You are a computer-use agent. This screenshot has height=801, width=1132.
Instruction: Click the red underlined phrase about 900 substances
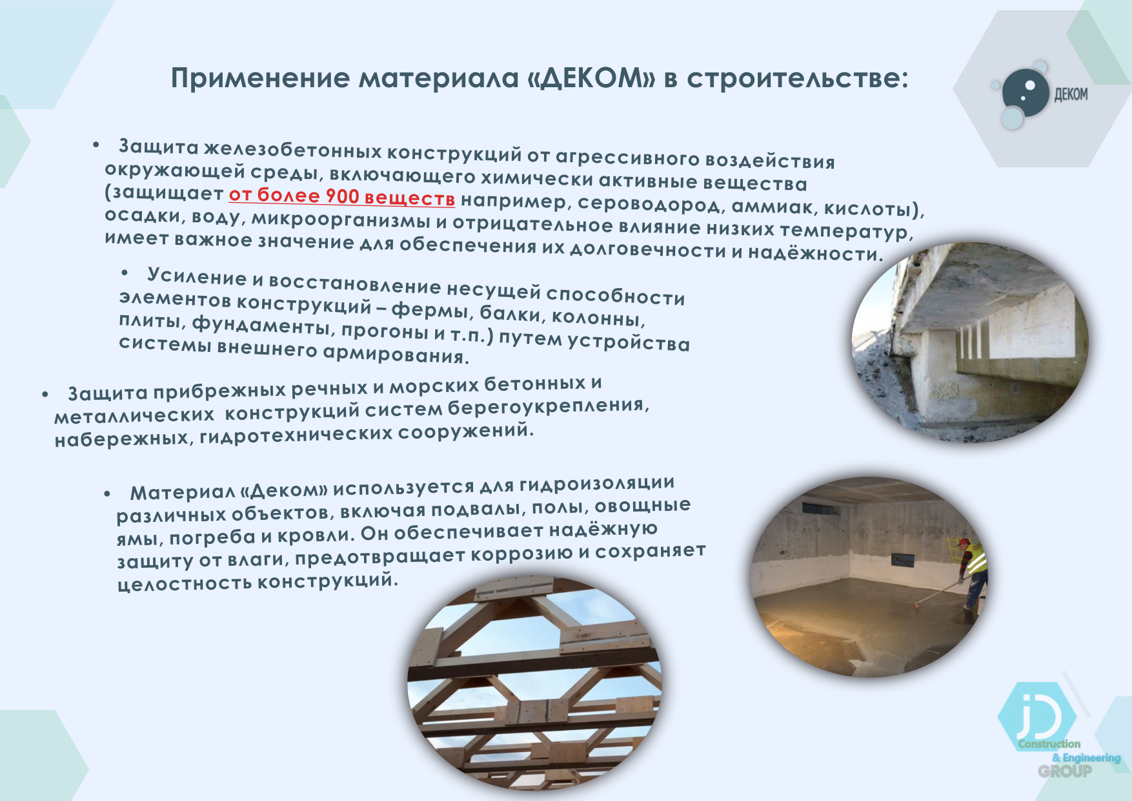pos(342,196)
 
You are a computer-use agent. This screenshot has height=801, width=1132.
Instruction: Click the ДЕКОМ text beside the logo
pos(1071,94)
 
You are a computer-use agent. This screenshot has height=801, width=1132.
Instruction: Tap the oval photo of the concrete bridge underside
pos(969,342)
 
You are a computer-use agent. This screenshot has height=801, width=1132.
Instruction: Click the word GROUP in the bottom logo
pos(1065,771)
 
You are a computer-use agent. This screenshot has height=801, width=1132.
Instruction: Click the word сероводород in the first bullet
pos(651,204)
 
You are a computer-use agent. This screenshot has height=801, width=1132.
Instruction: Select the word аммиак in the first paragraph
pos(774,207)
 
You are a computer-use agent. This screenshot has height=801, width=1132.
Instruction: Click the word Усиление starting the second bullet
pos(197,276)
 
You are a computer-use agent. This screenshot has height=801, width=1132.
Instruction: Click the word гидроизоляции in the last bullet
pos(597,484)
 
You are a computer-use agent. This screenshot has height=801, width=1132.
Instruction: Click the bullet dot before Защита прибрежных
pos(45,394)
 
